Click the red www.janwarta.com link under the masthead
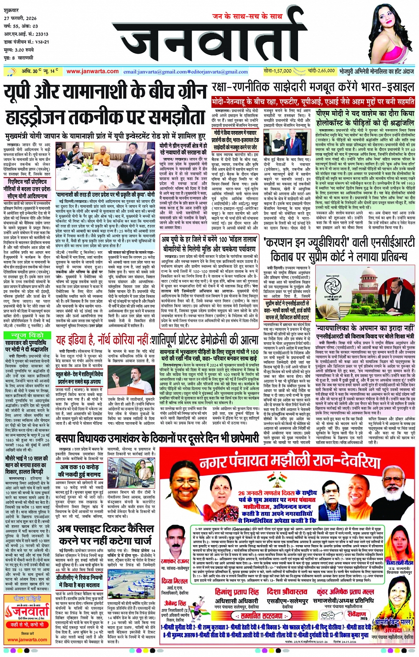(93, 71)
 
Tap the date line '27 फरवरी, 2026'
(20, 18)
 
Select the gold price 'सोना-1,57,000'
(278, 71)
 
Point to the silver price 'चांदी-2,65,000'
(321, 71)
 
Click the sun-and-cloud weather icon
(59, 71)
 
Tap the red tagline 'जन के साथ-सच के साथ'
(247, 16)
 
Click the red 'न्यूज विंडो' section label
(27, 335)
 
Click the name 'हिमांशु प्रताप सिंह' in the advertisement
(237, 592)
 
